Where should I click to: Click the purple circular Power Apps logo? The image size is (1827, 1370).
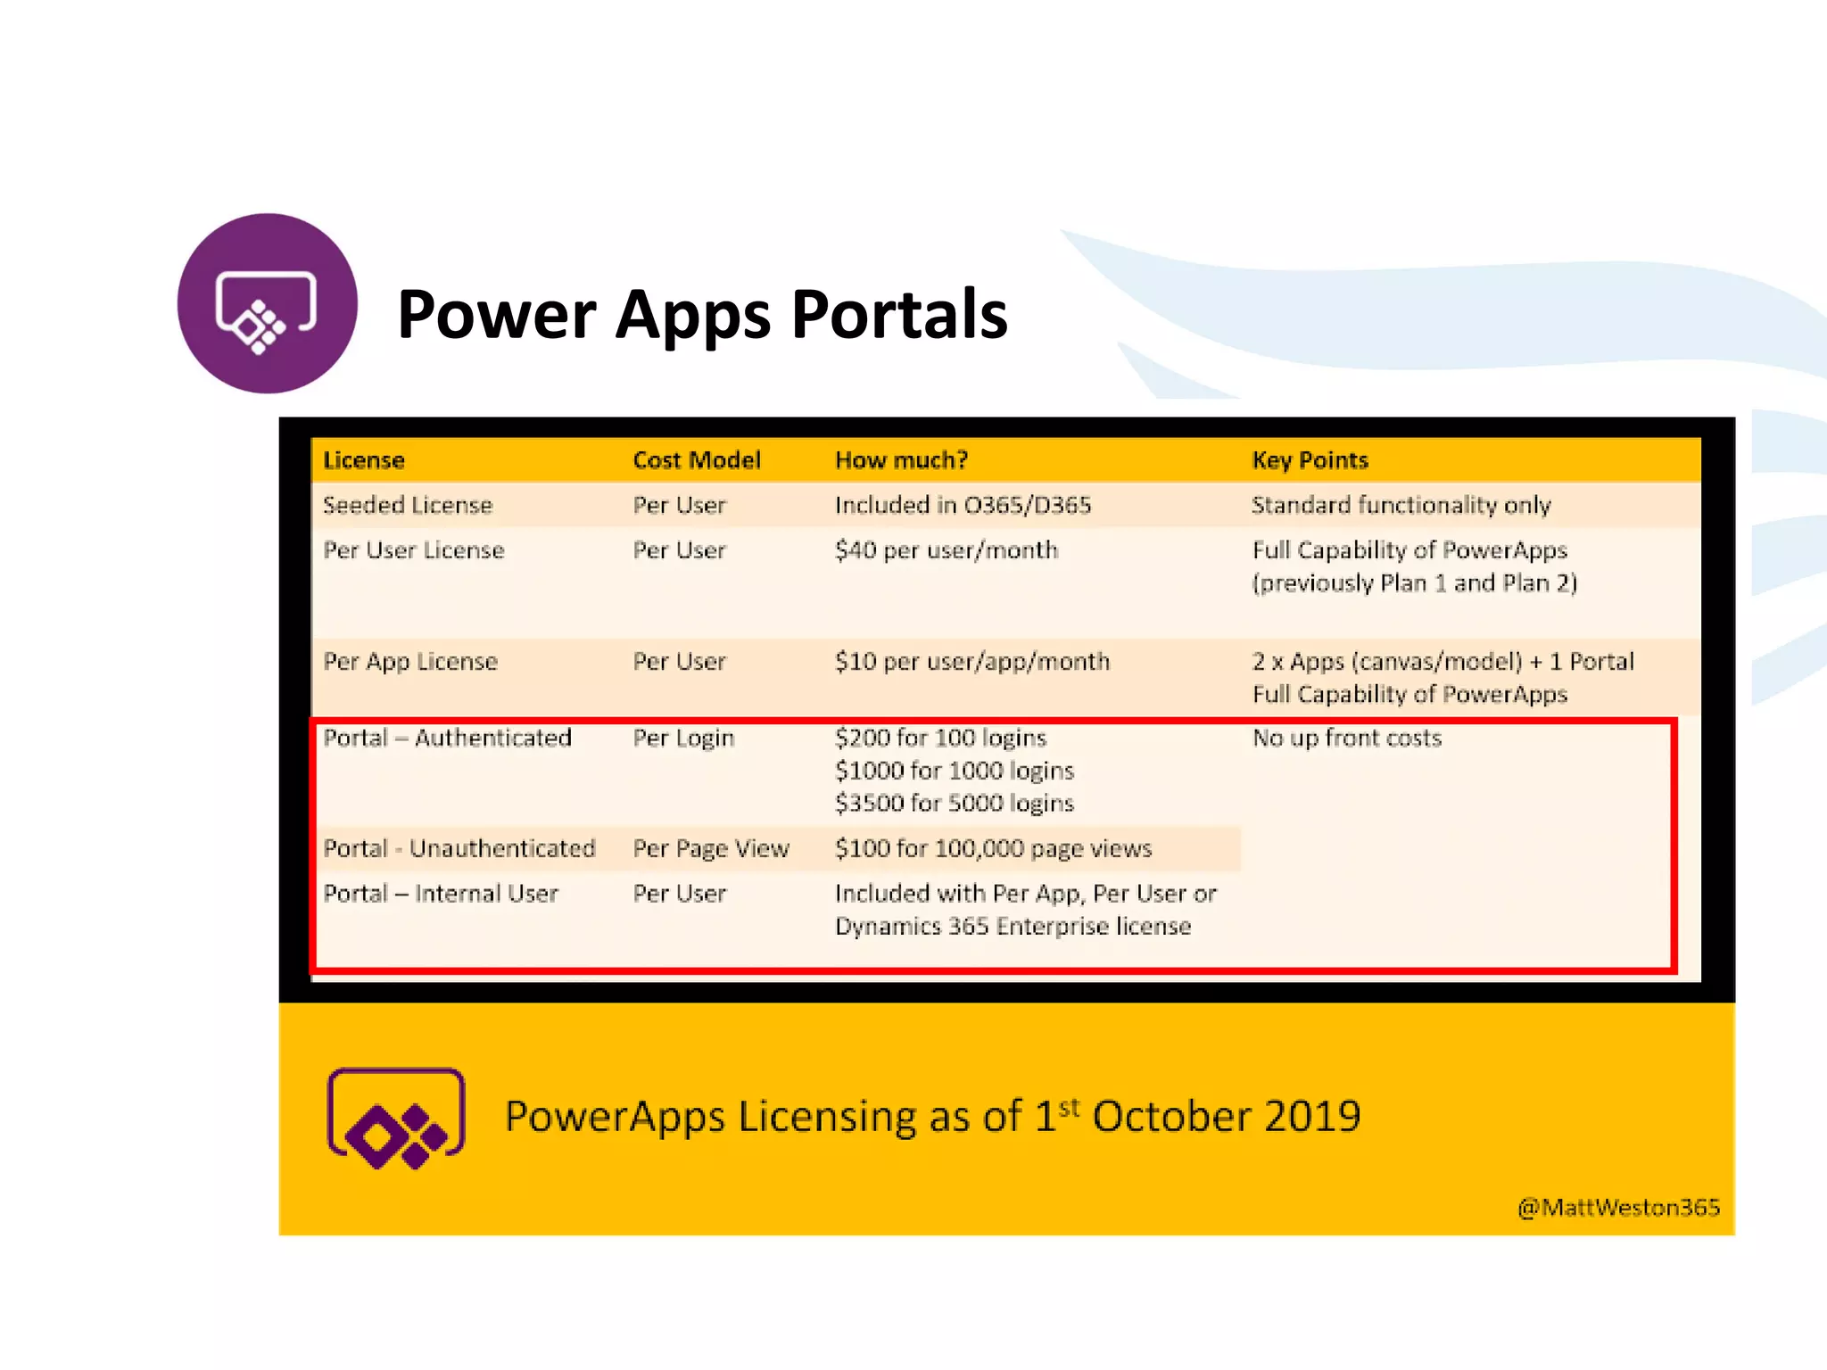[x=267, y=303]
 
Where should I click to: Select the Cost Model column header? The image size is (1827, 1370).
[x=696, y=460]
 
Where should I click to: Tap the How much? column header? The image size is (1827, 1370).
[x=901, y=460]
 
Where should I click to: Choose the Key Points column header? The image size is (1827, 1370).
[x=1310, y=460]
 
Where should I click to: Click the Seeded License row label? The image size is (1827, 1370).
[x=408, y=506]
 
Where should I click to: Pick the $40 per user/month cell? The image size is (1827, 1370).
[x=946, y=550]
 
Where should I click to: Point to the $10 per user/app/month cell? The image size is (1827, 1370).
[x=971, y=662]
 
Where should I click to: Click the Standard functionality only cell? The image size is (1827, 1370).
[x=1401, y=506]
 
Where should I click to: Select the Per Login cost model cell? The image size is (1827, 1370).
[x=683, y=739]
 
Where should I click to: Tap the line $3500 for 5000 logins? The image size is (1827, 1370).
[x=954, y=804]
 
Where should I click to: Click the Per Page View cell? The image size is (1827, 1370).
[x=711, y=849]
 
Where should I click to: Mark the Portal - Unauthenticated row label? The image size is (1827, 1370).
[x=459, y=849]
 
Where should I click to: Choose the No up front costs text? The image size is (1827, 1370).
[x=1346, y=739]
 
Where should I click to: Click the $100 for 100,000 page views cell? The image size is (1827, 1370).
[x=993, y=849]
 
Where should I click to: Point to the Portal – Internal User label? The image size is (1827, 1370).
[x=441, y=894]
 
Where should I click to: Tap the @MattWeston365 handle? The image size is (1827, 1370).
[x=1618, y=1208]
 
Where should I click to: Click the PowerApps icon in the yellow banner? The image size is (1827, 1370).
[x=396, y=1118]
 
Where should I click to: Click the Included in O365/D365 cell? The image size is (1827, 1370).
[x=963, y=506]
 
